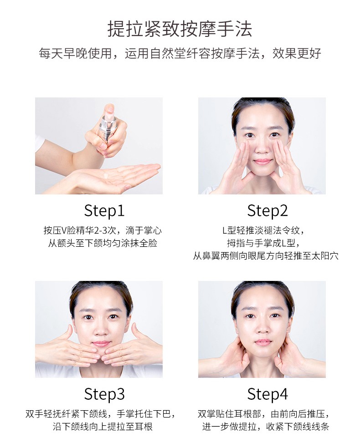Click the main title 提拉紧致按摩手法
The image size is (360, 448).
180,29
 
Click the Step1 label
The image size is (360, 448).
104,211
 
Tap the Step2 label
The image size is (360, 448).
267,211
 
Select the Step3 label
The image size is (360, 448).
104,394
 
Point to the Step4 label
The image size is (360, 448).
267,394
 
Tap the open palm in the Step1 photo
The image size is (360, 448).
114,177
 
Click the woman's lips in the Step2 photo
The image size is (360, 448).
262,162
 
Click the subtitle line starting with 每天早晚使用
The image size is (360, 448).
180,53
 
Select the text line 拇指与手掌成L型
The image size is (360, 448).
263,243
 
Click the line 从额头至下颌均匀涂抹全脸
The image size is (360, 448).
103,243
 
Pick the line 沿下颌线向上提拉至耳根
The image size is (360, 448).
103,427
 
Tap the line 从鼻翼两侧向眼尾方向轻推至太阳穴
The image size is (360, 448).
266,256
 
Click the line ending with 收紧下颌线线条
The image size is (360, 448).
266,427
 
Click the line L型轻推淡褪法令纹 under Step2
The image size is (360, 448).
263,230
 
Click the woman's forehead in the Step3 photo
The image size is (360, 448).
101,300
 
